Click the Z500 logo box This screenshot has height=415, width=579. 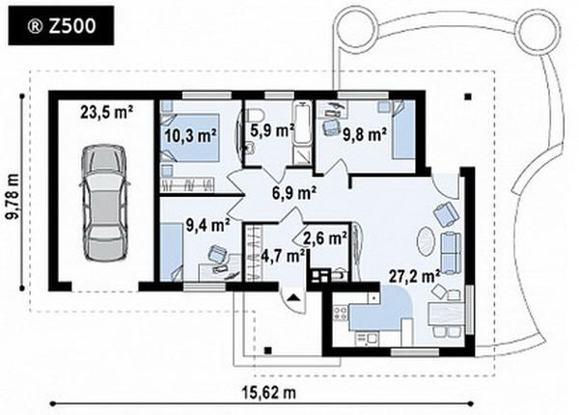pos(61,25)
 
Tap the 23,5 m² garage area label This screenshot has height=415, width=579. pos(107,112)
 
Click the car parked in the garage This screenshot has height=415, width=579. pos(106,203)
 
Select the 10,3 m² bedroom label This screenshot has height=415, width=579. pos(190,135)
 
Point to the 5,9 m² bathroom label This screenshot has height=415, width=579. pos(271,130)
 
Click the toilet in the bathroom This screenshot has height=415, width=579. pos(254,114)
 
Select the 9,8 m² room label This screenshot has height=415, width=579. pos(365,134)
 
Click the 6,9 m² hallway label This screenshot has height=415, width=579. pos(293,192)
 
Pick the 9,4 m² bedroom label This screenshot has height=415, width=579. pos(208,225)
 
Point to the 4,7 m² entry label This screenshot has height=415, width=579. pos(283,256)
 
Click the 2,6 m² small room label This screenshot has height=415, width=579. pos(325,238)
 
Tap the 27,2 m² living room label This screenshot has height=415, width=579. pos(414,276)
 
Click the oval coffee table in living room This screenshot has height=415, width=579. pos(427,241)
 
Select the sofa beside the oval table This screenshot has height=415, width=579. pos(452,253)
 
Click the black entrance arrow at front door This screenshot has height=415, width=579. pos(293,297)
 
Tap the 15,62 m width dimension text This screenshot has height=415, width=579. pos(269,393)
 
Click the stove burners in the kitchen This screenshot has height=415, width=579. pos(340,314)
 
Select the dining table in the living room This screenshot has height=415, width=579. pos(446,314)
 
